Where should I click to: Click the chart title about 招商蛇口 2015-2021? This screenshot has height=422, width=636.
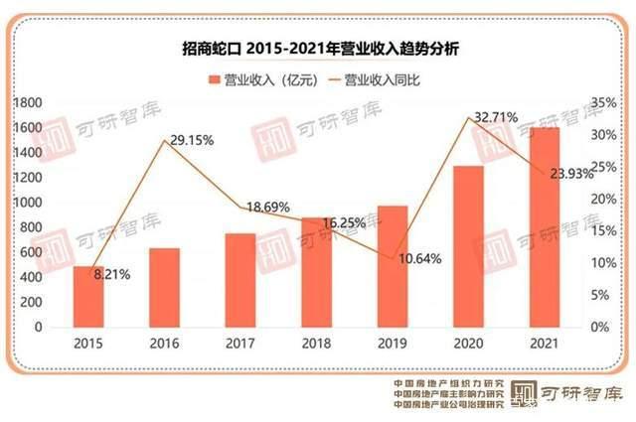click(318, 48)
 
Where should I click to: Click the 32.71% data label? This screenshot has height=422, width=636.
click(494, 117)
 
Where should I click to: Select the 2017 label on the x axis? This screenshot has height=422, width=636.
click(240, 343)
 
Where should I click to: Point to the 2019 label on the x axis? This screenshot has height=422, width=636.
click(393, 343)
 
